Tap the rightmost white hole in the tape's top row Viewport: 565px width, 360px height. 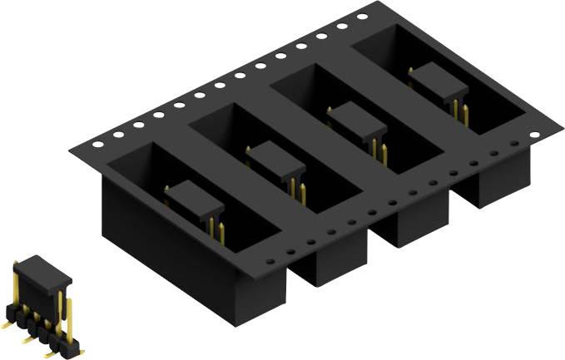(362, 17)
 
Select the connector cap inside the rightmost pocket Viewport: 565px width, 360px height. (434, 81)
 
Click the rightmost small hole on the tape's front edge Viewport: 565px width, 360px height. (513, 143)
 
